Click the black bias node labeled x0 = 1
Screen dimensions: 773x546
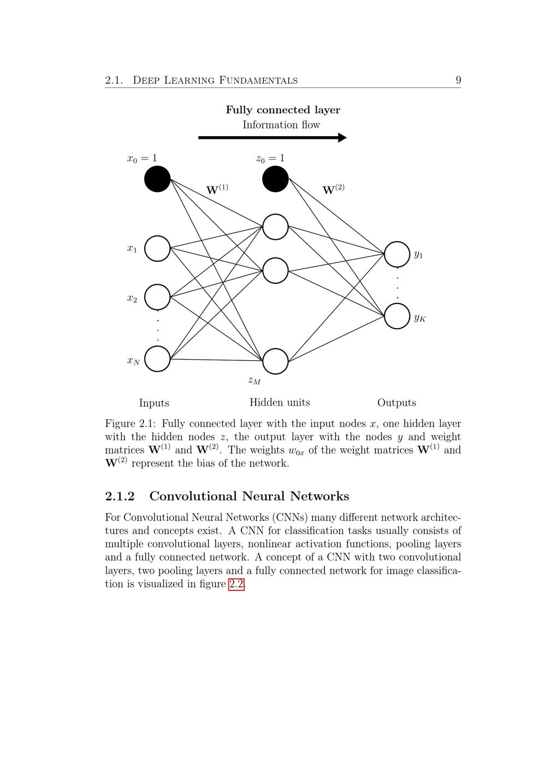coord(157,179)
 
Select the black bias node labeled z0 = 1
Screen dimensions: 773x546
coord(275,179)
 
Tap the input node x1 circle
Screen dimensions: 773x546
coord(157,249)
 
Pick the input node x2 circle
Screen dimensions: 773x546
coord(157,297)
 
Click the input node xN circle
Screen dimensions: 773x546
coord(157,359)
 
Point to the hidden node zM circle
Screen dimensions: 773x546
coord(275,361)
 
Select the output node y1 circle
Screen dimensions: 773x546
coord(397,254)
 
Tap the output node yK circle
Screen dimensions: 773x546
coord(397,316)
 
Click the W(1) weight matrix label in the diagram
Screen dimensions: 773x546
coord(217,190)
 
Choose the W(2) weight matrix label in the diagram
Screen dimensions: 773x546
coord(333,190)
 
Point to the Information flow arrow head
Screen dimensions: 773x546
coord(342,138)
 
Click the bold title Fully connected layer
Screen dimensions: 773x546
coord(283,110)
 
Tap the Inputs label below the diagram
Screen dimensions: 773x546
coord(154,403)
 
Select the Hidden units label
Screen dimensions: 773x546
coord(280,402)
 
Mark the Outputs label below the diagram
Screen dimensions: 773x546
coord(396,403)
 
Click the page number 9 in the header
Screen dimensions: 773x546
coord(458,80)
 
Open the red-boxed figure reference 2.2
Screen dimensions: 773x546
coord(236,584)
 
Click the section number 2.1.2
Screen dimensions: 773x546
coord(120,496)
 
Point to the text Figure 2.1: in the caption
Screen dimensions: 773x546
coord(131,424)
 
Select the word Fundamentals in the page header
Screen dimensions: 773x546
coord(258,80)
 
